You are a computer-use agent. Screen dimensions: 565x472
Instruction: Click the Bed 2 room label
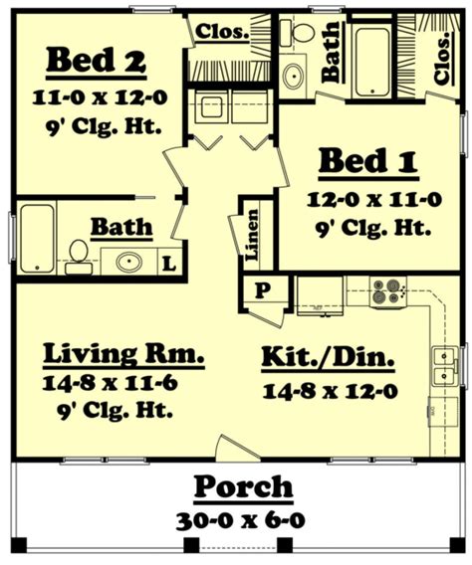point(96,63)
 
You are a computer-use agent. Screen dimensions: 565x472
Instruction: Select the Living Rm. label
point(124,354)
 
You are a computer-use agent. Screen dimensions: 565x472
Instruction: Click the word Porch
point(243,487)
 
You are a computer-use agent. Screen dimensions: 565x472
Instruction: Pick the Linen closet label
point(253,236)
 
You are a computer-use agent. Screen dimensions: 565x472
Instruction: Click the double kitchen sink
point(444,365)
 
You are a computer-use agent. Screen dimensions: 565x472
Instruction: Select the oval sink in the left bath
point(127,264)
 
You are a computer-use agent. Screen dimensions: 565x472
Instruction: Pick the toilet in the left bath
point(77,258)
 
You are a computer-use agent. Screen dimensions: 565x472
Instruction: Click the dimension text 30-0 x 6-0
point(243,520)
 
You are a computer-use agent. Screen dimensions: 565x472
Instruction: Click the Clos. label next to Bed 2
point(222,31)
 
